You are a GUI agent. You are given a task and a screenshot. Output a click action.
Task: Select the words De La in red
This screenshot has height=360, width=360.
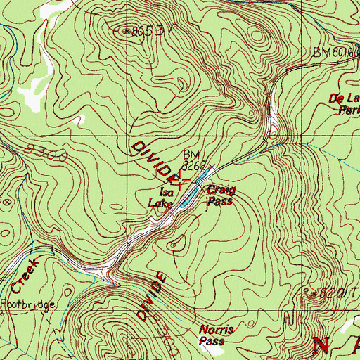coord(344,99)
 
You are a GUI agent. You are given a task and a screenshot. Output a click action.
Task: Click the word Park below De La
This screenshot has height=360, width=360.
coord(349,110)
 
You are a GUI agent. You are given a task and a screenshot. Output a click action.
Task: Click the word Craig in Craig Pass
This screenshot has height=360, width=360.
coord(221,190)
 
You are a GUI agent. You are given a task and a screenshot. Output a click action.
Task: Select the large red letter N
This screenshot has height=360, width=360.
coord(323,346)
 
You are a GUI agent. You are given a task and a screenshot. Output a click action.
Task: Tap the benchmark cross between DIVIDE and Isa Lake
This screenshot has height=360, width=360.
coord(184,185)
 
